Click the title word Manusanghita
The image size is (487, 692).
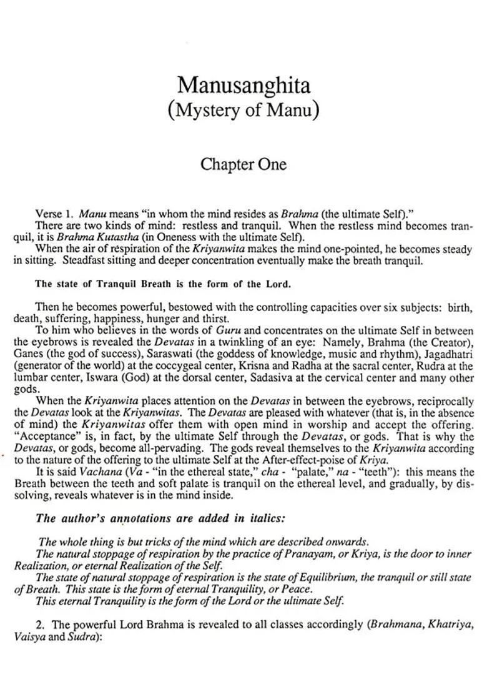(243, 86)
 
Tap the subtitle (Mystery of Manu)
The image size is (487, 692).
(243, 110)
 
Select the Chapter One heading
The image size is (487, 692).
(243, 164)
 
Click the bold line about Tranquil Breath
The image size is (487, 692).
(162, 284)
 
